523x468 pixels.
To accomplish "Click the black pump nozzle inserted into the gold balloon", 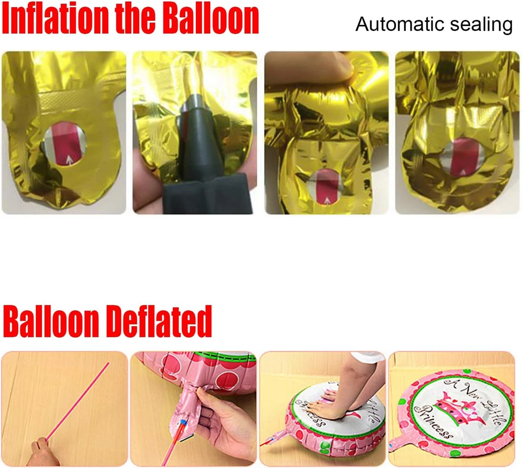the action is pyautogui.click(x=197, y=133).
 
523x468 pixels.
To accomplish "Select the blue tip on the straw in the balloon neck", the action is pyautogui.click(x=183, y=424).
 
